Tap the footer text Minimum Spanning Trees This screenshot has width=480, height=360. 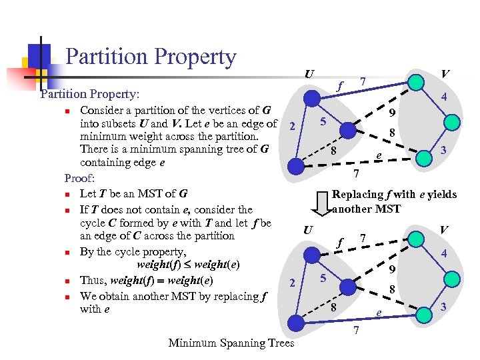coord(231,343)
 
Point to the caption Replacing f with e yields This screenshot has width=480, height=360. coord(394,194)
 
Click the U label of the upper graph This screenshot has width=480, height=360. coord(309,74)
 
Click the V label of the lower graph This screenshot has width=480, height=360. coord(443,229)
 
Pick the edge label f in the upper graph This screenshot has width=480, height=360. coord(340,85)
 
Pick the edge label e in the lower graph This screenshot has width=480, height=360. coord(379,312)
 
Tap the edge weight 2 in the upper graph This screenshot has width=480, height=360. coord(292,127)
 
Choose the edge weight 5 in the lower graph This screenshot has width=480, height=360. coord(322,277)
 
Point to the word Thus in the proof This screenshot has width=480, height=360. coord(92,280)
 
